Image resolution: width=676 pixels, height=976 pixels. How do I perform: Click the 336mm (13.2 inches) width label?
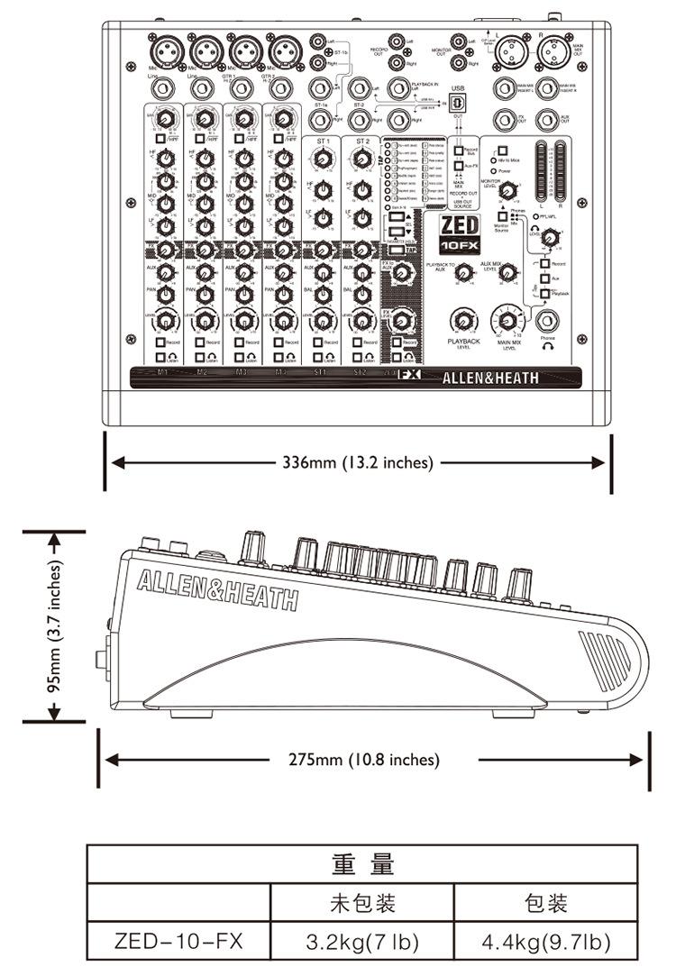pyautogui.click(x=358, y=462)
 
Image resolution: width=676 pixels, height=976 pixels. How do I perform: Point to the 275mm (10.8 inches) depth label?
pyautogui.click(x=364, y=760)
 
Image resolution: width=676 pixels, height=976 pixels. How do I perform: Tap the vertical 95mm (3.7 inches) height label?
pyautogui.click(x=56, y=626)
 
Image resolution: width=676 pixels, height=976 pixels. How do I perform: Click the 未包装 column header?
pyautogui.click(x=363, y=903)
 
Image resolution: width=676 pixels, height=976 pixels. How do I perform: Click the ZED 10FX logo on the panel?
pyautogui.click(x=460, y=233)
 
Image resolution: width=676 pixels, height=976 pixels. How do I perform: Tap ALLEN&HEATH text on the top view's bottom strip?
pyautogui.click(x=490, y=379)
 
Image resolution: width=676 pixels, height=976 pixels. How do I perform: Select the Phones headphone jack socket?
pyautogui.click(x=547, y=320)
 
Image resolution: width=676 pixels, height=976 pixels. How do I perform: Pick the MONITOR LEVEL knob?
pyautogui.click(x=508, y=189)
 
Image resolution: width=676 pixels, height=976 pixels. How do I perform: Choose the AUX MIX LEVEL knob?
pyautogui.click(x=508, y=270)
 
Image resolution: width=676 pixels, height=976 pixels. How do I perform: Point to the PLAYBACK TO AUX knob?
pyautogui.click(x=463, y=270)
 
